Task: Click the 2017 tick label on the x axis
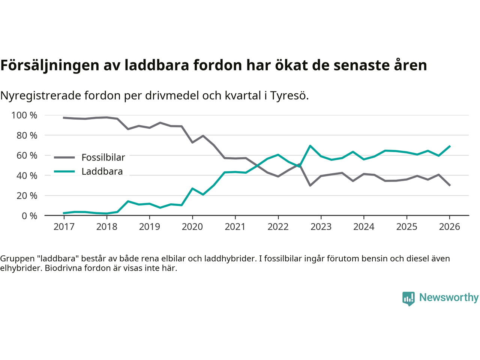click(x=64, y=227)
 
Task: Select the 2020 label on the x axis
click(x=192, y=227)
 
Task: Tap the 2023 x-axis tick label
click(x=321, y=227)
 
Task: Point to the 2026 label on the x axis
click(x=450, y=227)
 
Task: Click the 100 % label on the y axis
click(x=24, y=115)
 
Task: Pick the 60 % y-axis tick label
click(x=27, y=156)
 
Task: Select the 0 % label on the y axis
click(x=29, y=216)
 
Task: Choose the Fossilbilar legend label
click(x=103, y=157)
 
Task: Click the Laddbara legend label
click(x=102, y=172)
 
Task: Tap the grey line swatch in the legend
click(x=64, y=157)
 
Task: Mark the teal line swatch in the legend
click(x=64, y=172)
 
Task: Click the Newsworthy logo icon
click(x=408, y=298)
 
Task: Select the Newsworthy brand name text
click(x=449, y=297)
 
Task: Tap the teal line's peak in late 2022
click(x=310, y=145)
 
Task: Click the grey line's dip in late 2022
click(x=310, y=185)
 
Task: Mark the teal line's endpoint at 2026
click(x=450, y=146)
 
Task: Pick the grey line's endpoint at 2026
click(x=450, y=185)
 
